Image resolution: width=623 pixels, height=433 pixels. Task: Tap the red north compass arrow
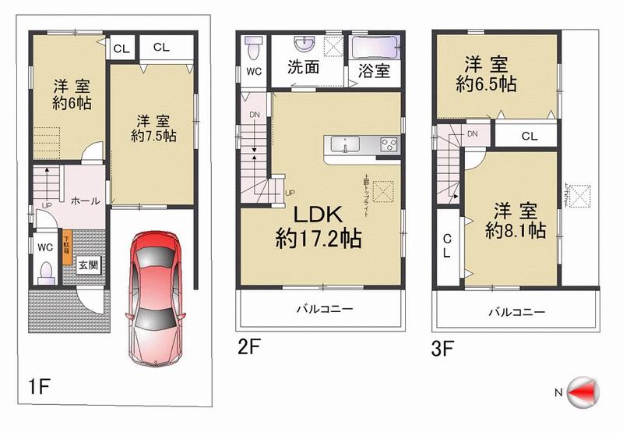click(585, 390)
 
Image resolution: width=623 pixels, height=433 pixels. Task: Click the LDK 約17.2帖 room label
click(319, 227)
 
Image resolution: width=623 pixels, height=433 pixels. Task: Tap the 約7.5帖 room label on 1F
click(152, 128)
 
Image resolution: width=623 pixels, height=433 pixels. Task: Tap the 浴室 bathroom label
click(375, 70)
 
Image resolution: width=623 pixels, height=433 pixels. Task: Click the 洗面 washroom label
click(303, 68)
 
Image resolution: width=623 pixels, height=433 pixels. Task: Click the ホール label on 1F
click(85, 201)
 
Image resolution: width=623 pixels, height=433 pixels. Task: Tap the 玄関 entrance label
click(88, 264)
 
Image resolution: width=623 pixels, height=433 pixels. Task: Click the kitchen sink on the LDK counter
click(344, 144)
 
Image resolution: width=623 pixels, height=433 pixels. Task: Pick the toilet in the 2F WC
click(252, 50)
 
